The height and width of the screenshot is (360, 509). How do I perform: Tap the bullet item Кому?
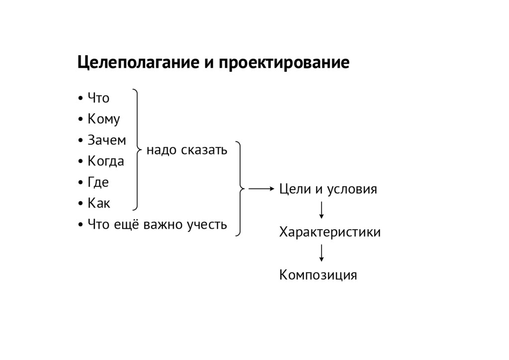point(103,120)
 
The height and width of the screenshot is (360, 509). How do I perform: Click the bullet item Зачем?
point(106,141)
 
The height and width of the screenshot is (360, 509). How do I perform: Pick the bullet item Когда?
point(106,162)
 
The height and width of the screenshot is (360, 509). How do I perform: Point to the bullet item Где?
point(98,182)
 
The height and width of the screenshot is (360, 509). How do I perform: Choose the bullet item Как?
point(99,203)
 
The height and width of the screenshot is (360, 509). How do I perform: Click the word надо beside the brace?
point(162,150)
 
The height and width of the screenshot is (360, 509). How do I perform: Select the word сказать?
point(204,150)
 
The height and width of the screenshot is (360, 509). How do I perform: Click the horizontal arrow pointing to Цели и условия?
point(261,189)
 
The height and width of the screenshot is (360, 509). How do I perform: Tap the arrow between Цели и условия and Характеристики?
point(322,210)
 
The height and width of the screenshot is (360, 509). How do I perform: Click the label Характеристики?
point(330,232)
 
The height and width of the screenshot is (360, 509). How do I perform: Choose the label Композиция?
point(318,275)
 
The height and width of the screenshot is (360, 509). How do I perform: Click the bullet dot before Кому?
point(81,120)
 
